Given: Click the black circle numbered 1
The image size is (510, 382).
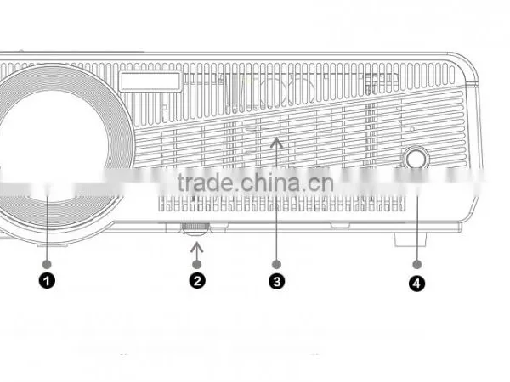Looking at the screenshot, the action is [47, 281].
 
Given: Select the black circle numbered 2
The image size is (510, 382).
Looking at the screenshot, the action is [197, 280].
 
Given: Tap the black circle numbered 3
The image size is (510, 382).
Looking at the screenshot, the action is [277, 281].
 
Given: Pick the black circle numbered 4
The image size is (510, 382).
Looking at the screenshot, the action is [416, 284].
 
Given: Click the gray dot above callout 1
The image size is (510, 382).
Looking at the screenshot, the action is [47, 264].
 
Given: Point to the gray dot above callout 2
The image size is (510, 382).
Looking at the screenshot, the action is [197, 264].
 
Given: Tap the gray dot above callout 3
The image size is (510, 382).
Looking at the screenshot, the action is [276, 264].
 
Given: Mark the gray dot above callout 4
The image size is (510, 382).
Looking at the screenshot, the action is [417, 264].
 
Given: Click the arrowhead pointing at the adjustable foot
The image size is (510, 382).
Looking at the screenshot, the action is [197, 247].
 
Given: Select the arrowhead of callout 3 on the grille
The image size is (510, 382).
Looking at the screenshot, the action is [276, 142].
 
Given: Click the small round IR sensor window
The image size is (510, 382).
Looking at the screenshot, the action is [416, 159].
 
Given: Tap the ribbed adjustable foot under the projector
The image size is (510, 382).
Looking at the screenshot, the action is [195, 228].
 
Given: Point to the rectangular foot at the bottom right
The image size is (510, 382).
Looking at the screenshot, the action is [411, 239].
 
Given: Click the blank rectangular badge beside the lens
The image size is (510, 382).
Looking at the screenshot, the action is [150, 81].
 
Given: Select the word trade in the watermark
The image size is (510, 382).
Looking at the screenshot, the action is [205, 183].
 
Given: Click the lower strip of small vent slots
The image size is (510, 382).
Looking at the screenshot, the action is [281, 204].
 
